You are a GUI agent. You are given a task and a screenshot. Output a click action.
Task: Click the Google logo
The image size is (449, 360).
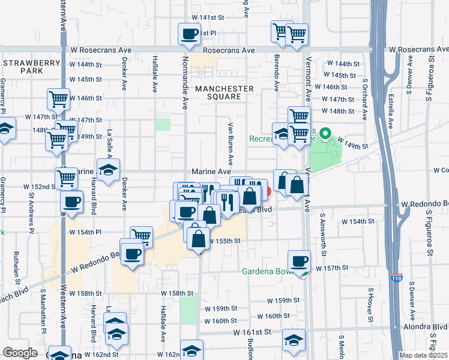pos(20,353)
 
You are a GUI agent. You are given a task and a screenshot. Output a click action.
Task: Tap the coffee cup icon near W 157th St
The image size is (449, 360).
pos(299,261)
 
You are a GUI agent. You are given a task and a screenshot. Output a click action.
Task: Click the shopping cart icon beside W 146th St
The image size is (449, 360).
pos(59,98)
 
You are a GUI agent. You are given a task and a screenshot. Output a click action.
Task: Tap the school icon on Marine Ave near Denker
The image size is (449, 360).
pos(109,169)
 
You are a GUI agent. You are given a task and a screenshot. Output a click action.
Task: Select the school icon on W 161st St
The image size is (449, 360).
pos(293,341)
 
